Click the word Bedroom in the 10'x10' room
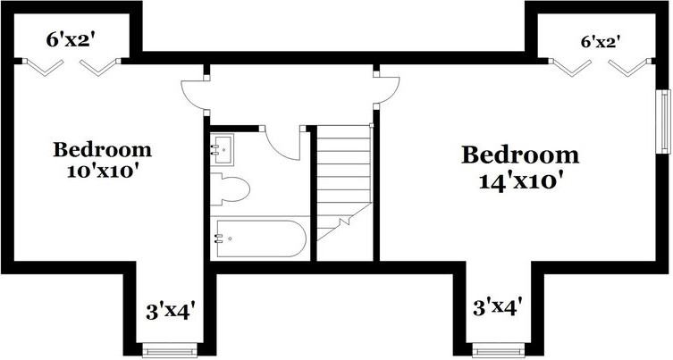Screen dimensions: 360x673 (102, 149)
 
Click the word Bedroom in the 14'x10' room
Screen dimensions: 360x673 (519, 155)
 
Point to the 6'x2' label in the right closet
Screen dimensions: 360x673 (600, 41)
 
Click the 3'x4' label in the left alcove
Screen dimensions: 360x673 (170, 311)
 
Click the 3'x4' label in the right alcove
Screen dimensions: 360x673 (497, 308)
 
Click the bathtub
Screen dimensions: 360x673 (259, 239)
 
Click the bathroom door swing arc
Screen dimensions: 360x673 (286, 143)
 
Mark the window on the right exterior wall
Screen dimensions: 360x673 (664, 121)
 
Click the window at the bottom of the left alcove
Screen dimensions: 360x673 (169, 351)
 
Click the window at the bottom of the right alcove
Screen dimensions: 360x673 (498, 351)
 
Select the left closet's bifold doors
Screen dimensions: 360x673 (72, 65)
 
